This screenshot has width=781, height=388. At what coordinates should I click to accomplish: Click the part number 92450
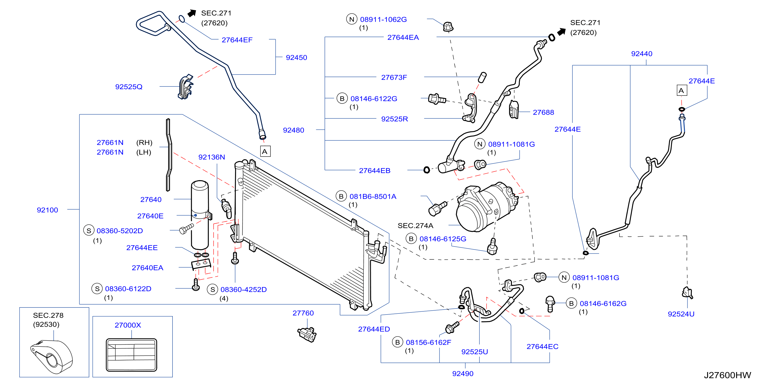pyautogui.click(x=296, y=58)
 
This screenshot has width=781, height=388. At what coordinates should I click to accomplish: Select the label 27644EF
pyautogui.click(x=237, y=40)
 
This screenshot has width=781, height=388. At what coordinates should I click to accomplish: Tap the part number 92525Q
pyautogui.click(x=129, y=87)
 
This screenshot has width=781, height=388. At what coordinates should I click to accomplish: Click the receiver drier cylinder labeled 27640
pyautogui.click(x=200, y=215)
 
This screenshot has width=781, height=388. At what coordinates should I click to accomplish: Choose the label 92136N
pyautogui.click(x=212, y=157)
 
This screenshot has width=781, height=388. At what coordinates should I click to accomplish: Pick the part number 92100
pyautogui.click(x=47, y=210)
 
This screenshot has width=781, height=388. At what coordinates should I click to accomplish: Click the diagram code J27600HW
pyautogui.click(x=727, y=375)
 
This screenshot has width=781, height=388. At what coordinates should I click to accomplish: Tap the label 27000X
pyautogui.click(x=128, y=325)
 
